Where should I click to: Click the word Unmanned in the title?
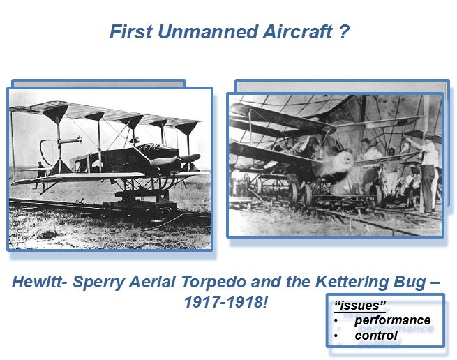click(208, 31)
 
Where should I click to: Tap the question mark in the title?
click(344, 31)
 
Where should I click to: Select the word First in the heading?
click(131, 31)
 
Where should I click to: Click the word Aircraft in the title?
click(298, 31)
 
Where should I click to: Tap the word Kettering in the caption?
click(352, 283)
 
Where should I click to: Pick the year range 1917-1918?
click(224, 302)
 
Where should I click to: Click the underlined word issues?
click(360, 306)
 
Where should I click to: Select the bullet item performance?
click(392, 321)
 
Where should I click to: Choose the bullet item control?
click(375, 336)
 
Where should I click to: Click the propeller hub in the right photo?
click(347, 159)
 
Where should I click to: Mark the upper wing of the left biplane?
click(105, 113)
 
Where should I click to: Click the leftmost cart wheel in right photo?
click(293, 193)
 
